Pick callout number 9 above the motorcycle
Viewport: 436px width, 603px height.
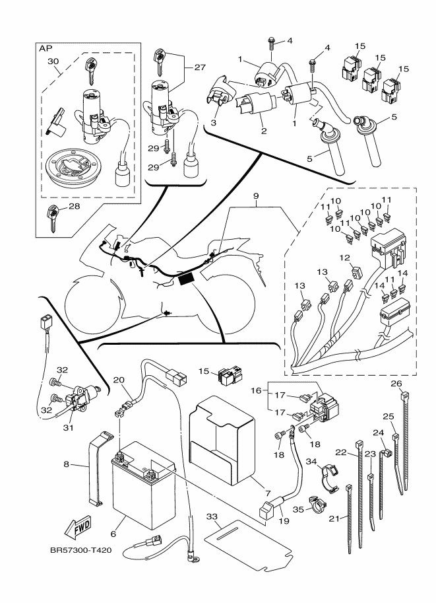tap(255, 197)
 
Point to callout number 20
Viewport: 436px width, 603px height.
tap(118, 380)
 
